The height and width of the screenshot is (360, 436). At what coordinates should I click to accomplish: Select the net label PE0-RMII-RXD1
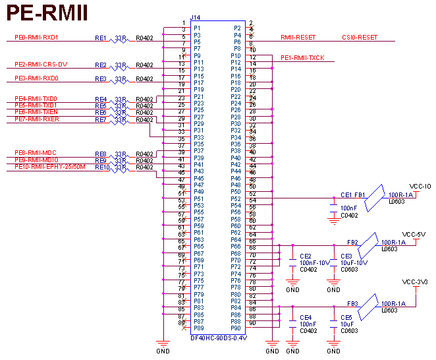(37, 38)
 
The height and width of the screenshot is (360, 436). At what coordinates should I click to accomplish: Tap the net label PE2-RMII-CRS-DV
(40, 64)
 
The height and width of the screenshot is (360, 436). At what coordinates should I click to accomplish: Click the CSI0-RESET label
(360, 38)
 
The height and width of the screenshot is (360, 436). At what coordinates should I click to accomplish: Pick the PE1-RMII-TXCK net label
(302, 58)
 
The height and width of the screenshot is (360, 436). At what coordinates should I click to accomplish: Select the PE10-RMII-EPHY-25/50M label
(50, 167)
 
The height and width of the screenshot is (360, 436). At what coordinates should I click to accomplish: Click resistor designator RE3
(101, 79)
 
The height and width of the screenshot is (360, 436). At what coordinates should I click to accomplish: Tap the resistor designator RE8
(101, 154)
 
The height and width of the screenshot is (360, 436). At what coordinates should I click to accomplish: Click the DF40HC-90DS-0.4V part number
(218, 338)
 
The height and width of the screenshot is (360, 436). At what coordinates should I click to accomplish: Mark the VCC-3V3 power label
(415, 282)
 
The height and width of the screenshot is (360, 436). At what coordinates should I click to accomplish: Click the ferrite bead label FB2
(352, 242)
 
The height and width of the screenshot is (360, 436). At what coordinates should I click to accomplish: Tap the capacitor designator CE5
(346, 317)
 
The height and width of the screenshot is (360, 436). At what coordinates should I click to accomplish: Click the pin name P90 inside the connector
(236, 328)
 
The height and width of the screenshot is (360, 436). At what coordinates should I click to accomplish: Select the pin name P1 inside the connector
(197, 28)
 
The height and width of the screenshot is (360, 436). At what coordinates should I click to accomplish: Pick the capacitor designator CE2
(306, 256)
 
